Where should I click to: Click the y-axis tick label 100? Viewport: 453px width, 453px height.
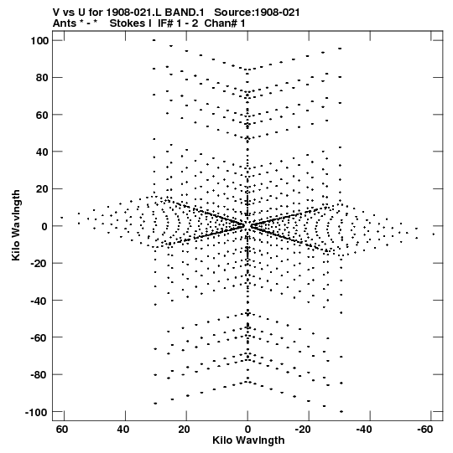click(39, 41)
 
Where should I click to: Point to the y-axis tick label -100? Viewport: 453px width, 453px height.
click(37, 412)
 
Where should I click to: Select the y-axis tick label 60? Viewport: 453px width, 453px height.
click(42, 115)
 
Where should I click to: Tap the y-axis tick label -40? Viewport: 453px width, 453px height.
click(39, 301)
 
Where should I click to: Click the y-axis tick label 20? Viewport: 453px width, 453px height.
click(42, 189)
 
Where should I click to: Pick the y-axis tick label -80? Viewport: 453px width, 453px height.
click(39, 375)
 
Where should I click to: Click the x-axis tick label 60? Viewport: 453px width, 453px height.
click(62, 430)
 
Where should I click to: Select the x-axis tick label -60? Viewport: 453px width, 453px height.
click(425, 430)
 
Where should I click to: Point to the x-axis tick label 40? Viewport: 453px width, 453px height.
click(123, 430)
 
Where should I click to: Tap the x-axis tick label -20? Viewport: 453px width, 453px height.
click(303, 430)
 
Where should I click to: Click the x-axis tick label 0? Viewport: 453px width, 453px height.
click(247, 430)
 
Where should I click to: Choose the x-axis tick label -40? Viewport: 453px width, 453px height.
click(364, 430)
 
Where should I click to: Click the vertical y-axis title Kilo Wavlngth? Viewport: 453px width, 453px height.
click(16, 225)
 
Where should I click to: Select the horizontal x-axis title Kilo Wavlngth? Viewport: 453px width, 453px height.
click(248, 440)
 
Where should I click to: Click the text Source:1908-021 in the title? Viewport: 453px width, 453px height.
click(257, 13)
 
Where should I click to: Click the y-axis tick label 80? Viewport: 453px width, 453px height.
click(42, 78)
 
